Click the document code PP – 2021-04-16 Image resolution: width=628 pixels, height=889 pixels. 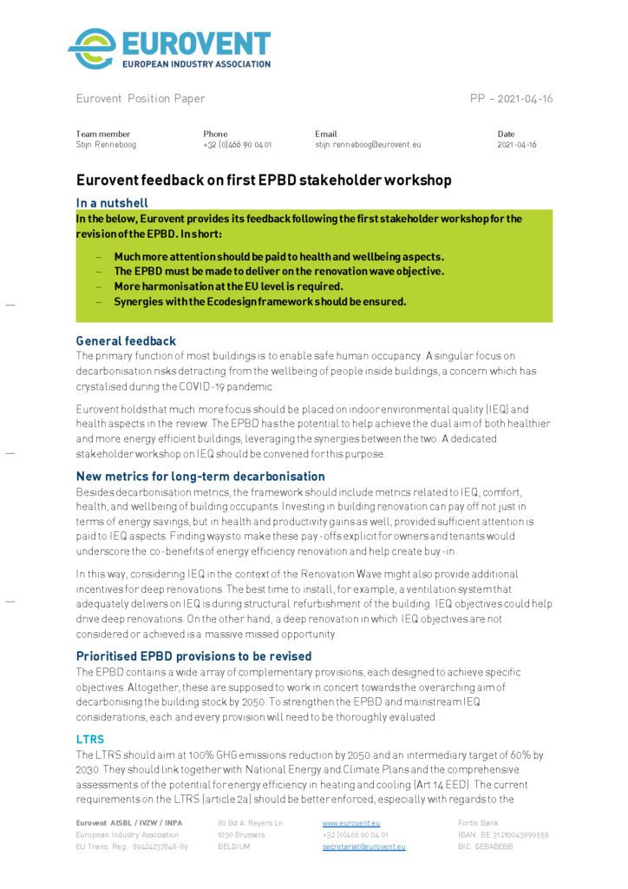pos(511,99)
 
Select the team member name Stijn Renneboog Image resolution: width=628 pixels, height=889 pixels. pos(106,145)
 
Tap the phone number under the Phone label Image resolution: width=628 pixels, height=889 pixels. pos(237,145)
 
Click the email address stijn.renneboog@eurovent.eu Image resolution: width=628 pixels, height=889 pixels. pos(367,145)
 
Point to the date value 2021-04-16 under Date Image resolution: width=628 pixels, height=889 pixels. pos(516,145)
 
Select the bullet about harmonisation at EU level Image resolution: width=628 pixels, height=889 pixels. pos(228,286)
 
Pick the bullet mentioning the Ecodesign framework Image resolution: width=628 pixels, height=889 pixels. pos(260,301)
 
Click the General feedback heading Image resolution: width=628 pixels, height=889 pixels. pos(127,341)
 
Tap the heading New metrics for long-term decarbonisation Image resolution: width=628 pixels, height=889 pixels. pos(200,477)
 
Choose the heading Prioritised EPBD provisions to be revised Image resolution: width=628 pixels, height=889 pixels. pos(193,655)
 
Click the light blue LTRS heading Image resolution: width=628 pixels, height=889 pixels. pos(90,739)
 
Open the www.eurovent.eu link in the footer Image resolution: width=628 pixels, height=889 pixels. pos(350,822)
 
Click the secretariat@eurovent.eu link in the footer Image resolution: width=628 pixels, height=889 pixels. pos(363,846)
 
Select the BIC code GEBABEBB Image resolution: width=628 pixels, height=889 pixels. pos(485,846)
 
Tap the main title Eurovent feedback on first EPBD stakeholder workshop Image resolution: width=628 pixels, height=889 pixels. pos(264,181)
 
